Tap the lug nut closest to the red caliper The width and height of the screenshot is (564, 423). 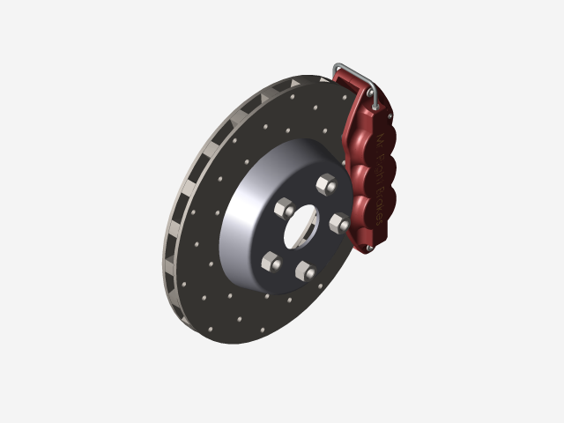coord(339,224)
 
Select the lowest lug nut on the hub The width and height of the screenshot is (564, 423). coord(304,271)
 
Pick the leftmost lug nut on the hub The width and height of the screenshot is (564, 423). coord(271,261)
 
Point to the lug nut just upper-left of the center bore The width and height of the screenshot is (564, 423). coord(285,209)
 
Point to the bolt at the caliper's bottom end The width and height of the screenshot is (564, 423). coord(367,249)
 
